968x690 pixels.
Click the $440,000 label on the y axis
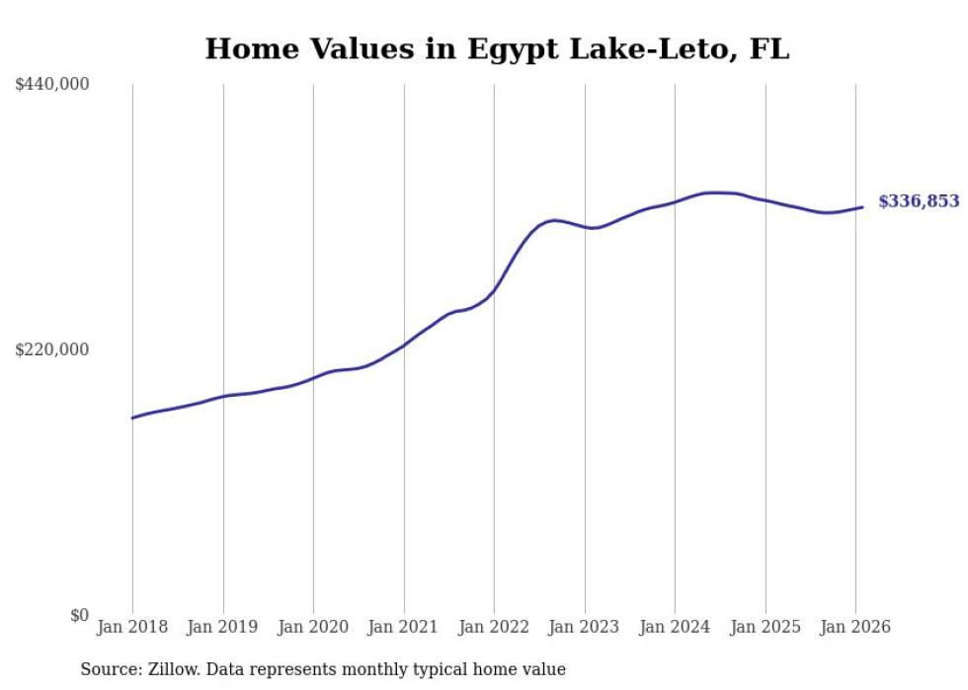tap(52, 85)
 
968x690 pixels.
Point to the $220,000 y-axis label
tap(52, 349)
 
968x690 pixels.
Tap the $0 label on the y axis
tap(79, 615)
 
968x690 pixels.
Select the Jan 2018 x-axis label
tap(132, 627)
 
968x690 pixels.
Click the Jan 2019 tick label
tap(223, 627)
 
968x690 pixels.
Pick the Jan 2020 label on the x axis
tap(313, 627)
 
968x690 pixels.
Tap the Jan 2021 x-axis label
tap(404, 627)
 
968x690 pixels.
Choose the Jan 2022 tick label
tap(494, 627)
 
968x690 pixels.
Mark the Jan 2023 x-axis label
tap(585, 627)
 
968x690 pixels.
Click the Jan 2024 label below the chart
tap(675, 627)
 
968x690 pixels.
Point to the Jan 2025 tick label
tap(766, 627)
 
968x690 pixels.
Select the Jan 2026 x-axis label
tap(855, 627)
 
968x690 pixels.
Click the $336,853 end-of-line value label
tap(919, 201)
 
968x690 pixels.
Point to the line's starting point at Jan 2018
tap(133, 418)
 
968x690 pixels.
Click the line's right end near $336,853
tap(862, 207)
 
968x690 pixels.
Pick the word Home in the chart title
tap(243, 49)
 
